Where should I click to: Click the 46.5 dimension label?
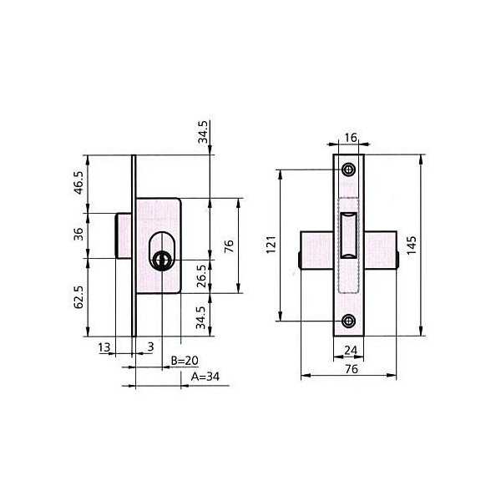[x=78, y=183]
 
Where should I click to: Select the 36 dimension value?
[x=78, y=234]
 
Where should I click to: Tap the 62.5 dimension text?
[x=78, y=296]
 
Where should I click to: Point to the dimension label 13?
[x=104, y=347]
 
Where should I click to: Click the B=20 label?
[x=185, y=361]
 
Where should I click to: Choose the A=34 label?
[x=205, y=377]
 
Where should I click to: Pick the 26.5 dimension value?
[x=202, y=276]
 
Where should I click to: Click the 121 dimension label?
[x=271, y=245]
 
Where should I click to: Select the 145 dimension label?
[x=412, y=245]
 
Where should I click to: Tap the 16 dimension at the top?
[x=351, y=138]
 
